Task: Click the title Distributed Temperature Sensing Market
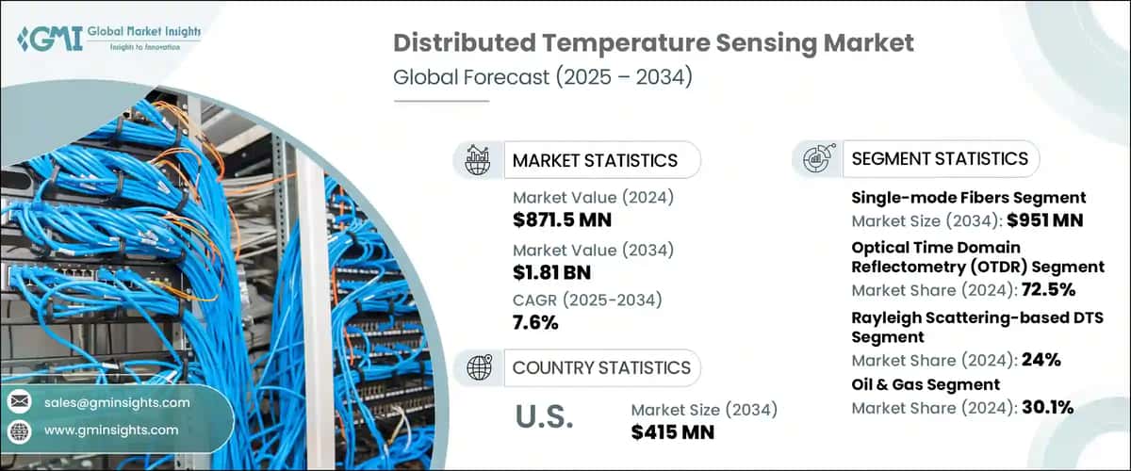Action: (652, 43)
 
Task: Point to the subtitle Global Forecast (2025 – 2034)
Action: (543, 77)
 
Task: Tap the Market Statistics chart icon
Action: (477, 160)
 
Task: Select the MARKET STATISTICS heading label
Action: (595, 160)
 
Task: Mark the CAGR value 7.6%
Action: (535, 322)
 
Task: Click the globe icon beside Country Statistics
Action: (477, 367)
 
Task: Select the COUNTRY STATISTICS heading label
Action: (601, 367)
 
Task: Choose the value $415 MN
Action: (672, 432)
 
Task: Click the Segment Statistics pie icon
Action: (816, 158)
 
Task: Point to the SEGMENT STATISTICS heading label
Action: (940, 158)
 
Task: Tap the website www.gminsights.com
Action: (109, 430)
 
